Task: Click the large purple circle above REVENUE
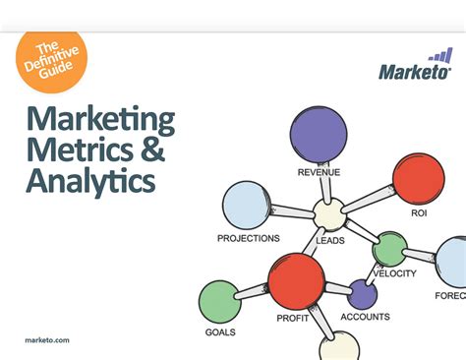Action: [319, 133]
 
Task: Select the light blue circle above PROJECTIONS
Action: [246, 206]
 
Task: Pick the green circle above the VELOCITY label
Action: [389, 250]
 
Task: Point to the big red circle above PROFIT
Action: [296, 280]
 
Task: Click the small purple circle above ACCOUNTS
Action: [363, 293]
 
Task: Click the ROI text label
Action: [418, 211]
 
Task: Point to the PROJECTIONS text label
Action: [249, 238]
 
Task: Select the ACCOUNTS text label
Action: [365, 317]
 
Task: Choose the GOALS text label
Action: [219, 332]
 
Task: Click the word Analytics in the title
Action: [90, 183]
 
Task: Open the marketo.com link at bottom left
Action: [46, 339]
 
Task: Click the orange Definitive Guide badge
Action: [51, 60]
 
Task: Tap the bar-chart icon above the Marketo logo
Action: [440, 55]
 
